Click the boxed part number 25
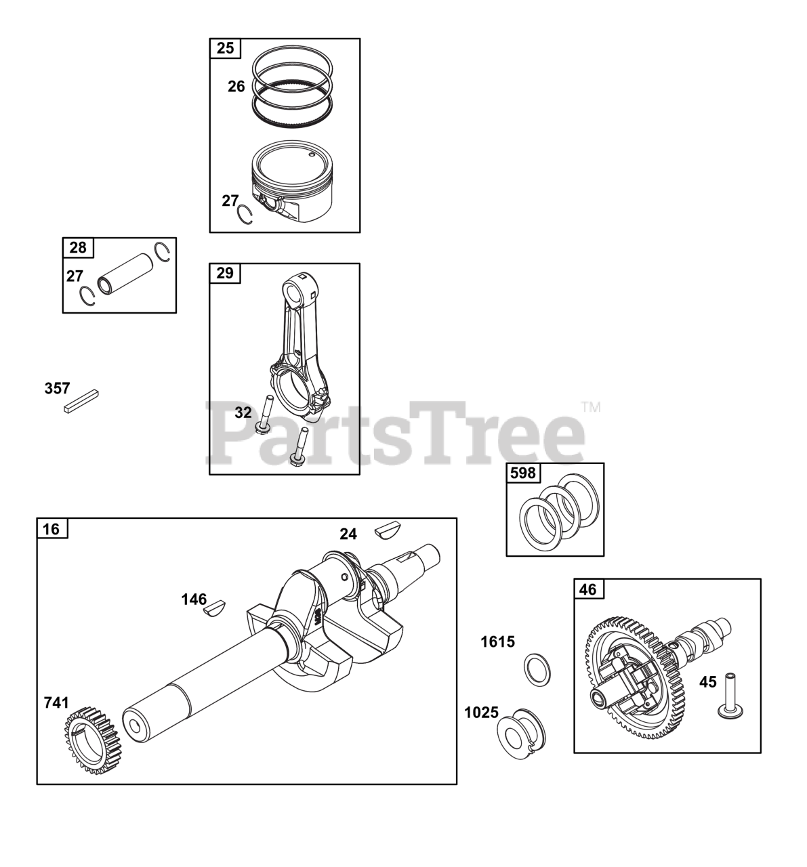tap(226, 48)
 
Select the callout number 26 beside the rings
tap(236, 87)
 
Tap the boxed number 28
tap(78, 247)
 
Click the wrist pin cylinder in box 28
tap(125, 274)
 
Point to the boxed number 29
tap(225, 273)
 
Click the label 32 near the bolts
tap(243, 413)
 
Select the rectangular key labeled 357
tap(82, 401)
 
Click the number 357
tap(57, 388)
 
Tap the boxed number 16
tap(51, 529)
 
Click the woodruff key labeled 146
tap(215, 608)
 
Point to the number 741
tap(56, 703)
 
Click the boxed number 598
tap(523, 473)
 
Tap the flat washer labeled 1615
tap(537, 670)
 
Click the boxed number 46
tap(587, 590)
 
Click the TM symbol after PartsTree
tap(592, 407)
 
